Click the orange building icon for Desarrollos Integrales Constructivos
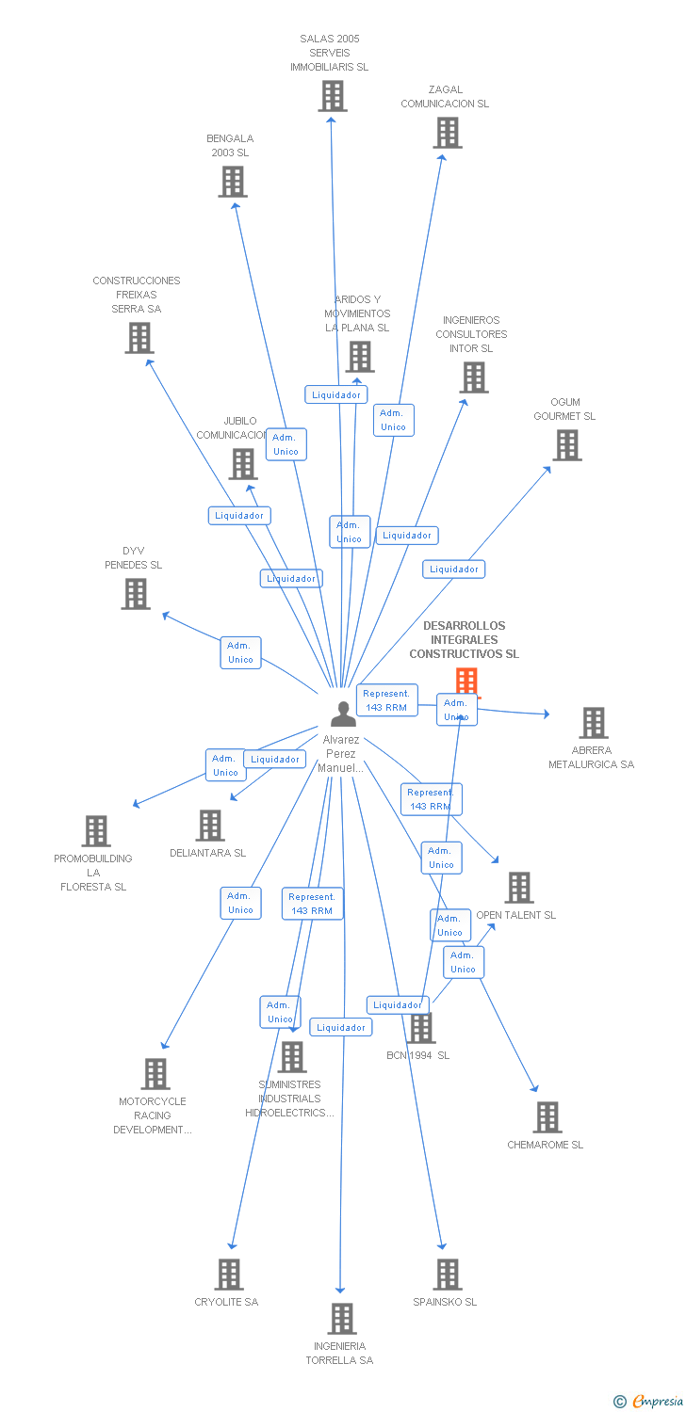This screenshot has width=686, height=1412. pyautogui.click(x=466, y=682)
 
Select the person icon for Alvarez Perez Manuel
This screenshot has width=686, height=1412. pyautogui.click(x=343, y=714)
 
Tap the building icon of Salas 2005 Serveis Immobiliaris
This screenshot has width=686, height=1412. pyautogui.click(x=332, y=96)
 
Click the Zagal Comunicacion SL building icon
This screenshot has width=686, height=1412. pyautogui.click(x=448, y=133)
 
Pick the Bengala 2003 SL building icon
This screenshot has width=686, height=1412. pyautogui.click(x=233, y=182)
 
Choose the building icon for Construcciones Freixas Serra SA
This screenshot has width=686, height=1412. pyautogui.click(x=139, y=338)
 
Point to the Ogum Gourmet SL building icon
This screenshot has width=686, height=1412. pyautogui.click(x=566, y=445)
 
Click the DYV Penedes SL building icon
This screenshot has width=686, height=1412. pyautogui.click(x=136, y=594)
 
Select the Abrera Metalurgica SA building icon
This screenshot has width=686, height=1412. pyautogui.click(x=593, y=723)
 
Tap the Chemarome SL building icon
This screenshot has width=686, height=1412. pyautogui.click(x=547, y=1117)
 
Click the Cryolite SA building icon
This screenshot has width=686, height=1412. pyautogui.click(x=229, y=1275)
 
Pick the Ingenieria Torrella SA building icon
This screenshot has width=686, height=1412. pyautogui.click(x=342, y=1319)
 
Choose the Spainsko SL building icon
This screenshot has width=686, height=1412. pyautogui.click(x=448, y=1275)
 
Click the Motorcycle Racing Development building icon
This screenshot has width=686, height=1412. pyautogui.click(x=155, y=1074)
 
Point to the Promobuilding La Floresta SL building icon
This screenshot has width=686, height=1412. pyautogui.click(x=96, y=831)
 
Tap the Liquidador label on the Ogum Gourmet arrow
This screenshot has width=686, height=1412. pyautogui.click(x=453, y=569)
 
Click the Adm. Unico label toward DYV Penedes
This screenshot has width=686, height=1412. pyautogui.click(x=240, y=652)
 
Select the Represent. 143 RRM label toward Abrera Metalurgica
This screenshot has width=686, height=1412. pyautogui.click(x=386, y=700)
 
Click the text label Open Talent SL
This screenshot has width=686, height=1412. pyautogui.click(x=515, y=915)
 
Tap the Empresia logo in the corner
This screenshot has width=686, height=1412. pyautogui.click(x=649, y=1402)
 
